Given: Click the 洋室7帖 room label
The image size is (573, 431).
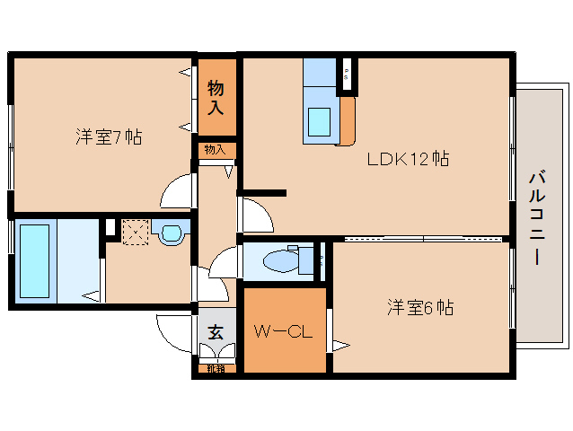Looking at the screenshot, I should click(109, 137).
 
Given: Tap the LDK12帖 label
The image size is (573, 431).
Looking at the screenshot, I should click(407, 160).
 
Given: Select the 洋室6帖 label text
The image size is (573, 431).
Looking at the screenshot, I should click(419, 307).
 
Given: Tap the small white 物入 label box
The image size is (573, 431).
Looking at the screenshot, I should click(216, 150).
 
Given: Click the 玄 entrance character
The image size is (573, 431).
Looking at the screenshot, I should click(216, 331).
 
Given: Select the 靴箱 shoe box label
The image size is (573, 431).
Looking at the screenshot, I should click(216, 367).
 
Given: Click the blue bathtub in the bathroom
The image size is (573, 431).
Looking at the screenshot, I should click(35, 260).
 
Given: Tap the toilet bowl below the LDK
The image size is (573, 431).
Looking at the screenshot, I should click(282, 260).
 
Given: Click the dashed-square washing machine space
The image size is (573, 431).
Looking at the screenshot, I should click(135, 231).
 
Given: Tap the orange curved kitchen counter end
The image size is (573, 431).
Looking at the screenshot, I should click(347, 120).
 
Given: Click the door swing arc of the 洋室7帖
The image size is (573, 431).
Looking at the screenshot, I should click(178, 191).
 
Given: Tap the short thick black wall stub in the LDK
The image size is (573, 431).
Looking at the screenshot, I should click(262, 192).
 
